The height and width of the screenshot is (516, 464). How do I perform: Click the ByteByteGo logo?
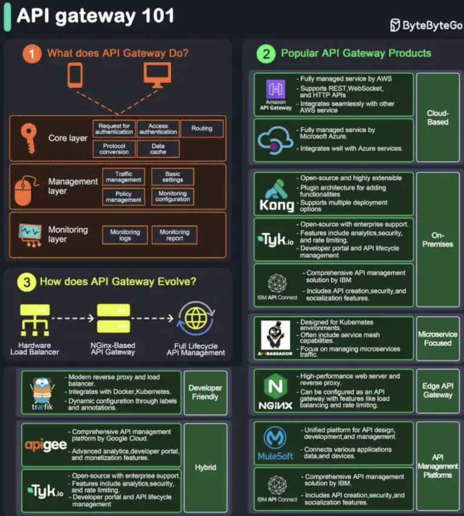coord(426,25)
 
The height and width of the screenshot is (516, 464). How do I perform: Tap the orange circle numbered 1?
coord(31,54)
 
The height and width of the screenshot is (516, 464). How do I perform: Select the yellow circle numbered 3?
coord(25,282)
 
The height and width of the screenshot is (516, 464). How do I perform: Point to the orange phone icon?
coord(75,75)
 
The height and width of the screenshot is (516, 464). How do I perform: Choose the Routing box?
coord(202,128)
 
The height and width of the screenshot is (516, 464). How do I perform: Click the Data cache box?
coord(158,149)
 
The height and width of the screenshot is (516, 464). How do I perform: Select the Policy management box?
coord(123,197)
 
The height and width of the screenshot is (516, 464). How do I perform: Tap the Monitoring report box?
coord(174,235)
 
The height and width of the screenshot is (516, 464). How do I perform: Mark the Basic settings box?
coord(173,176)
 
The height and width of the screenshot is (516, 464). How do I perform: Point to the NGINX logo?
coord(275,392)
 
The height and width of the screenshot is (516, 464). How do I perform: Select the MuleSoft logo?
coord(275,443)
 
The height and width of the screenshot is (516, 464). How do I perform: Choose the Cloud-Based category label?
coord(437,117)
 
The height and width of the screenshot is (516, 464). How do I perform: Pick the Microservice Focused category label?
coord(437,338)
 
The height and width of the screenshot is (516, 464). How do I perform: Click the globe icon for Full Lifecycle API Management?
coord(195,318)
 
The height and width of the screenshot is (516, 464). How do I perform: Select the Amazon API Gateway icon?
coord(275,90)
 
